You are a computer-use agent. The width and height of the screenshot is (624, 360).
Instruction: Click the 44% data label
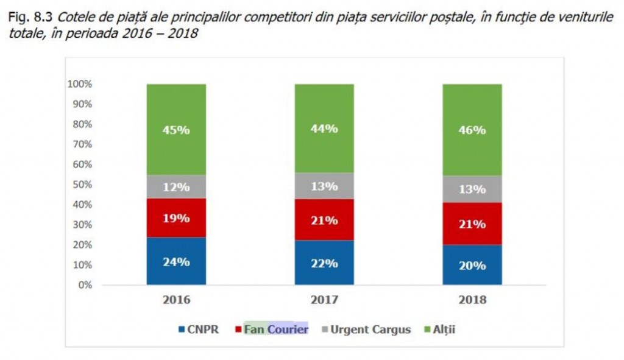pyautogui.click(x=324, y=129)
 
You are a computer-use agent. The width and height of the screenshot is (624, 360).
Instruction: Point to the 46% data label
pyautogui.click(x=472, y=130)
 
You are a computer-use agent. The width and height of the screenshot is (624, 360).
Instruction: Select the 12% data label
pyautogui.click(x=176, y=187)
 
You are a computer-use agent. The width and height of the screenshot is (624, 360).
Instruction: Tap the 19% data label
pyautogui.click(x=176, y=218)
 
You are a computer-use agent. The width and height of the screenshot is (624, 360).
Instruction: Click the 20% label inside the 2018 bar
pyautogui.click(x=472, y=266)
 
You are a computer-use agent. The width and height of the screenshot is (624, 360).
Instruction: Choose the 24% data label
pyautogui.click(x=176, y=262)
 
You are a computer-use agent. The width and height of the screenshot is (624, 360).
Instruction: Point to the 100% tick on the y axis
pyautogui.click(x=80, y=84)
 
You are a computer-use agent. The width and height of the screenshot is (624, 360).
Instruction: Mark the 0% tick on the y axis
pyautogui.click(x=85, y=285)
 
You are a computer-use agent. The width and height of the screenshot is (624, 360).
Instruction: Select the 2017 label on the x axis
pyautogui.click(x=324, y=300)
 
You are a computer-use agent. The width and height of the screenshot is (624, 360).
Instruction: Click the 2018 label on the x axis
pyautogui.click(x=472, y=300)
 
